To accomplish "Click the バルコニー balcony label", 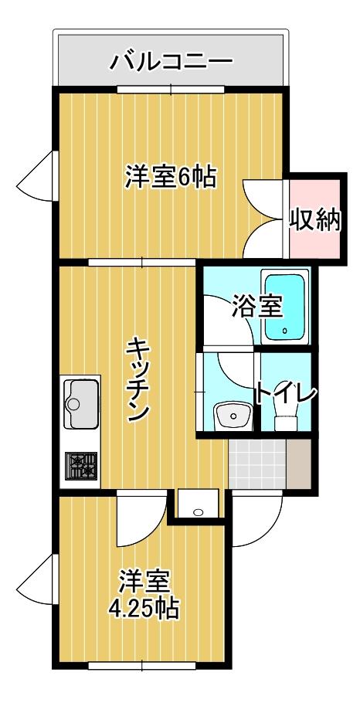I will click(x=172, y=61).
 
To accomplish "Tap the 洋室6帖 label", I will click(x=171, y=178).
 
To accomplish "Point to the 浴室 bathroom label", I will click(x=256, y=307).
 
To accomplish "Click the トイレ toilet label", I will click(x=287, y=393).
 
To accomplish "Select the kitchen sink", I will click(x=80, y=402).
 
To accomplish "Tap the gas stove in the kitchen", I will click(x=80, y=466).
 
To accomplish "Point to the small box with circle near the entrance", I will click(x=197, y=506).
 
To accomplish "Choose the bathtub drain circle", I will click(x=285, y=333).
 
